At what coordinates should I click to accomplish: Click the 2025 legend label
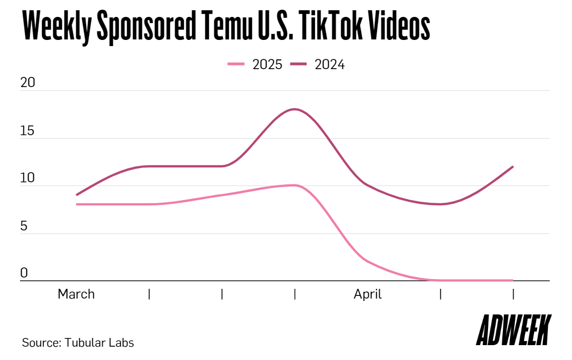click(x=267, y=65)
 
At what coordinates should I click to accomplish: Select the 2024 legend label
click(x=330, y=65)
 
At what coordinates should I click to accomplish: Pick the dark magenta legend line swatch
click(x=299, y=65)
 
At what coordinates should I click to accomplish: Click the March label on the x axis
click(x=76, y=294)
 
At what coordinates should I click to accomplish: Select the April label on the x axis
click(x=368, y=294)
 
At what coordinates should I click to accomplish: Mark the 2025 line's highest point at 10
click(x=294, y=185)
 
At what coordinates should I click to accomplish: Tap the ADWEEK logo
click(x=514, y=330)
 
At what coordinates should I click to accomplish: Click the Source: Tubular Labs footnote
click(x=78, y=343)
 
